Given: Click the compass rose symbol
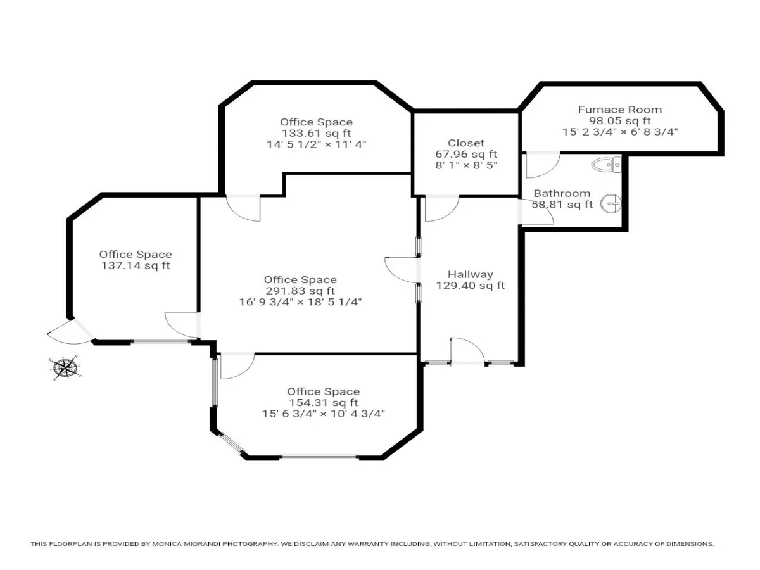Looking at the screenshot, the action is click(x=65, y=368).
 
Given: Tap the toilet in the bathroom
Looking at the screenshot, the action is click(x=606, y=165).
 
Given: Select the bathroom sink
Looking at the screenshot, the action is click(x=611, y=204).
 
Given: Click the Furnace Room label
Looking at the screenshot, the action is click(x=620, y=110).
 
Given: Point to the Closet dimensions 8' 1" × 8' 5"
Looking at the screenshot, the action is click(x=466, y=165).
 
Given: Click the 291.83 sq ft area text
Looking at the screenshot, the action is click(x=300, y=291).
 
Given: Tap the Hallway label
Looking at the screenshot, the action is click(x=470, y=274).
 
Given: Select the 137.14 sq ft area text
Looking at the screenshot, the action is click(x=136, y=265).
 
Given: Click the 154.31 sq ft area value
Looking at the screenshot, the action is click(x=324, y=403).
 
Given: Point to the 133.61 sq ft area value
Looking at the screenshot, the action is click(x=316, y=133).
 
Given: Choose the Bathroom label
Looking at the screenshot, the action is click(x=562, y=193).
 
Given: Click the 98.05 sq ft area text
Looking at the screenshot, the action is click(x=620, y=121).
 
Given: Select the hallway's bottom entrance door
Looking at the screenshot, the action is click(x=468, y=350).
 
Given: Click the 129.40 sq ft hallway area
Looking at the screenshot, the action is click(x=470, y=286).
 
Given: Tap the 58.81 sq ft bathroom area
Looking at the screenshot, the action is click(x=562, y=204).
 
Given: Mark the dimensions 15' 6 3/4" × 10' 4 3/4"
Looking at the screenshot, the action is click(x=324, y=414).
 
